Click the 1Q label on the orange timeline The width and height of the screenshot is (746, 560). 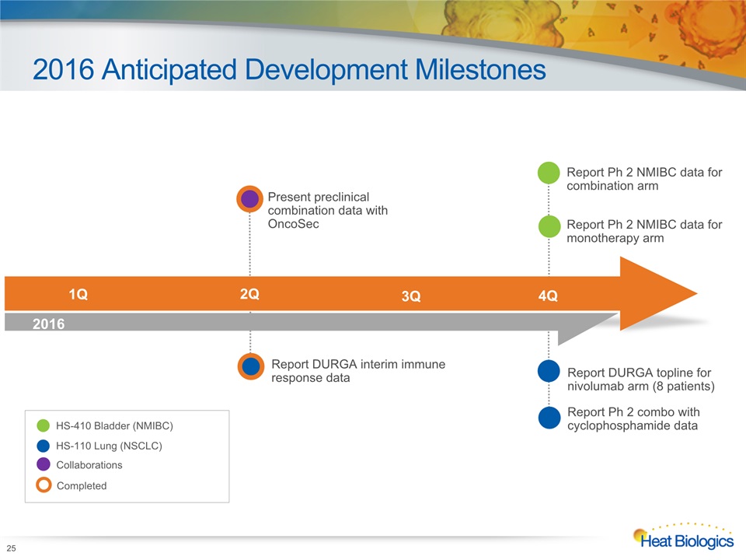(x=78, y=294)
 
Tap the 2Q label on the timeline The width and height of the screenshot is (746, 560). (x=249, y=294)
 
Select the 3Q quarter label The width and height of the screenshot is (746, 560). (x=411, y=296)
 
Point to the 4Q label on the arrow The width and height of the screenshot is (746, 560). (x=548, y=296)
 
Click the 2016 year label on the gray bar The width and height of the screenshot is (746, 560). (x=48, y=324)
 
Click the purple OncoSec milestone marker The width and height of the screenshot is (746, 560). (x=249, y=199)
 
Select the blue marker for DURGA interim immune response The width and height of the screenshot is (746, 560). (x=251, y=366)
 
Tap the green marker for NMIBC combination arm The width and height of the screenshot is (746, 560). (x=549, y=173)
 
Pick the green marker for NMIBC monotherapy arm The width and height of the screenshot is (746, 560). (x=549, y=226)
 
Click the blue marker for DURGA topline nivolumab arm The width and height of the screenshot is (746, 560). (x=549, y=372)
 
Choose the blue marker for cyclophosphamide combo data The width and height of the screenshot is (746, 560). (x=549, y=418)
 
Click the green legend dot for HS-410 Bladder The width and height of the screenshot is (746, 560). (x=44, y=425)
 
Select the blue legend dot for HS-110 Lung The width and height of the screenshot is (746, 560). (x=44, y=446)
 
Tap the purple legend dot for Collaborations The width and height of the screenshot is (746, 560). (x=44, y=464)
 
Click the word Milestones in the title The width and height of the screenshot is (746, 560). (x=480, y=69)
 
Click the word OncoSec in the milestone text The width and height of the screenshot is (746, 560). (x=293, y=224)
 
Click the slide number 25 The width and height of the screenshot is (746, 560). (x=11, y=548)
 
